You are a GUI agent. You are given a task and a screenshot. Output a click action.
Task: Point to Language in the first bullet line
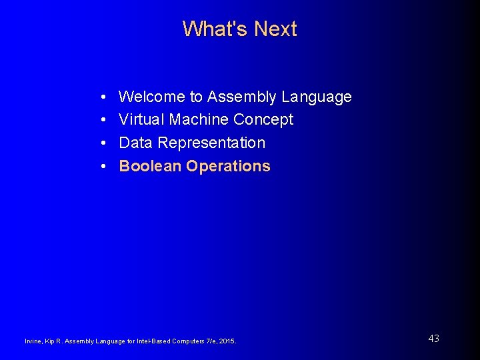point(317,97)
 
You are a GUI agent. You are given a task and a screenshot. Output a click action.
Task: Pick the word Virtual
point(141,119)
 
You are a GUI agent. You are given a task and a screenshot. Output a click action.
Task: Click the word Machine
point(199,119)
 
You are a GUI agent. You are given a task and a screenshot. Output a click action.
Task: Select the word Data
point(136,143)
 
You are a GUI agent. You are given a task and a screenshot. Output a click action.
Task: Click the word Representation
point(211,143)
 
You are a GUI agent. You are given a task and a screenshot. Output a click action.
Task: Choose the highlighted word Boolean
point(150,166)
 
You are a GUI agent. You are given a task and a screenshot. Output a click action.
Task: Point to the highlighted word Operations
point(229,167)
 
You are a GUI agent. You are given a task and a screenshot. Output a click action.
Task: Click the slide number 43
point(433,339)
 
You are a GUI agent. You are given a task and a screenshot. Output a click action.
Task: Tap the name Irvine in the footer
point(33,341)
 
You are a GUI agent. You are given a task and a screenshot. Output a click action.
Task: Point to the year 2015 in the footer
point(227,341)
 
